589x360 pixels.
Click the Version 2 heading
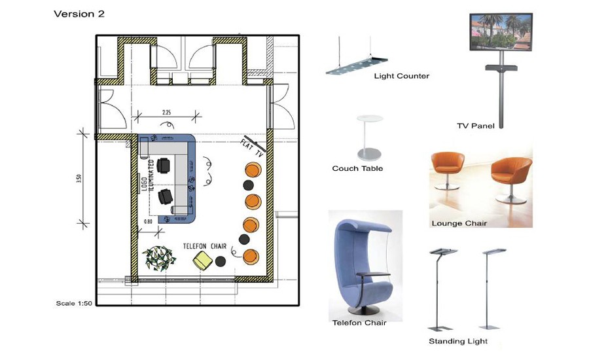[x=79, y=14]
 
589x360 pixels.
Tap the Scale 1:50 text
[x=74, y=303]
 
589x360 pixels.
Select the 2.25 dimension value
[x=166, y=113]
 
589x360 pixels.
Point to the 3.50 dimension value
[x=79, y=179]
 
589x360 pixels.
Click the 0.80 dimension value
[x=148, y=222]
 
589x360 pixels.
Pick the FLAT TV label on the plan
[x=252, y=147]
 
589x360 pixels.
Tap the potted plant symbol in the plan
[x=159, y=258]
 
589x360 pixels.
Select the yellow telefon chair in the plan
[x=202, y=261]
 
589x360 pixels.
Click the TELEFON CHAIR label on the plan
[x=205, y=246]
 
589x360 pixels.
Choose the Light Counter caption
[x=402, y=76]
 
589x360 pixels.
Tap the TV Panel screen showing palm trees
[x=501, y=32]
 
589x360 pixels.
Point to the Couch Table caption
[x=357, y=168]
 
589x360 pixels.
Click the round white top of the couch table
[x=370, y=118]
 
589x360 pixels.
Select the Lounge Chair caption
[x=459, y=223]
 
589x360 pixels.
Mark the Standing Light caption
[x=458, y=341]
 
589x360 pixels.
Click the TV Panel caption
[x=476, y=126]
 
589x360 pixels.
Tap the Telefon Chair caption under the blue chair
[x=359, y=323]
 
